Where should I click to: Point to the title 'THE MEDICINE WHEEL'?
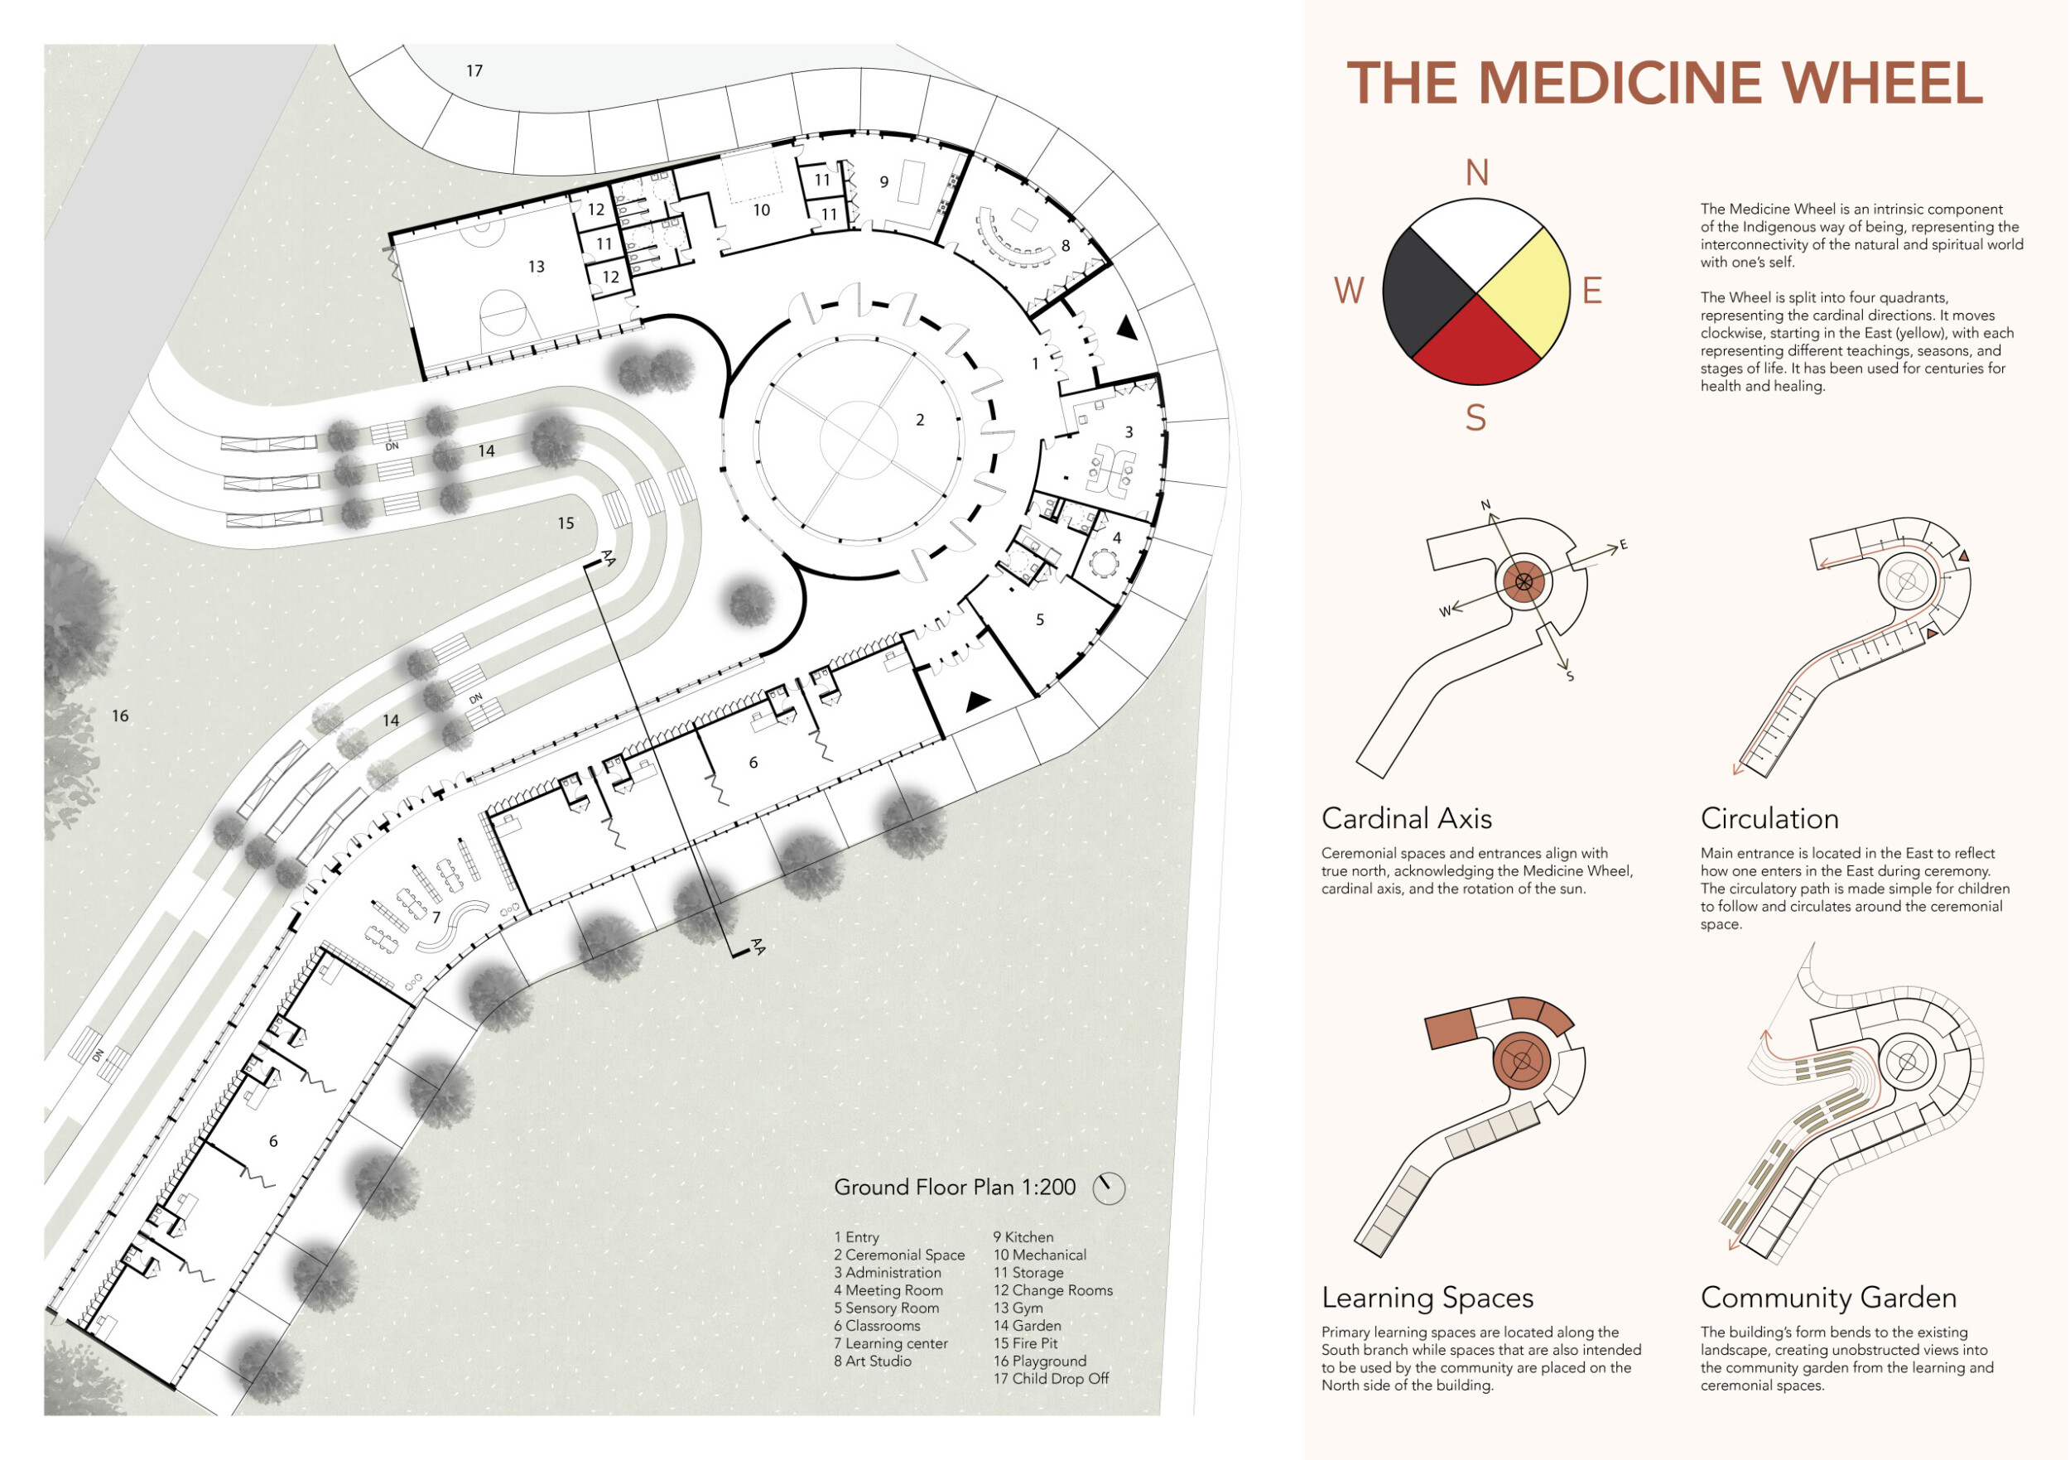click(1664, 83)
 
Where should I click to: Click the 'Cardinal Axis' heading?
click(1407, 819)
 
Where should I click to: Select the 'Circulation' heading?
click(1769, 819)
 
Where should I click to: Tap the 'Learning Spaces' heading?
click(1427, 1298)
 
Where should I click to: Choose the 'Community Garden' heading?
click(1828, 1298)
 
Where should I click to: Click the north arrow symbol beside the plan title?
click(1109, 1188)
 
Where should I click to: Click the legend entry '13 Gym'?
click(1018, 1308)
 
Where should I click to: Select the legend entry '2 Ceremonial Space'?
click(899, 1255)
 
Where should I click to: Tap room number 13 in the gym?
click(537, 267)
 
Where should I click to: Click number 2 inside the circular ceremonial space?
click(920, 420)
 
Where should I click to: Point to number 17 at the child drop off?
click(475, 70)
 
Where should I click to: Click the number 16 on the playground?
click(120, 716)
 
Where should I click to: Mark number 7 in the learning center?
click(436, 917)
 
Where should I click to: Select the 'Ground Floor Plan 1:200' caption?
click(955, 1188)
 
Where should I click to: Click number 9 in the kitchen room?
click(884, 182)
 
